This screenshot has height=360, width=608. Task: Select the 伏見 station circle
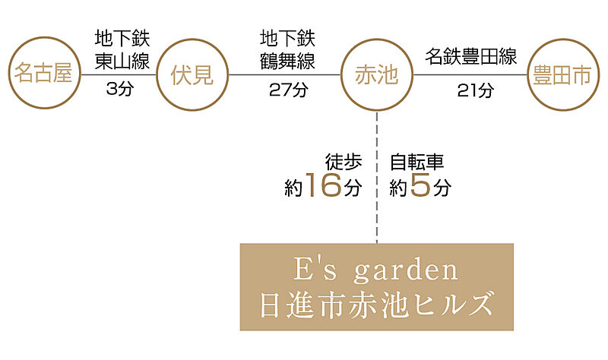192,39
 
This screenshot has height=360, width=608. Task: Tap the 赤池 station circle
377,39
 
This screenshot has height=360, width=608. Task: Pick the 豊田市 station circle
563,39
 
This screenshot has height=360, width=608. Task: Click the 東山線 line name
122,61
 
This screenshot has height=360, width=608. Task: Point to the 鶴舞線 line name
287,61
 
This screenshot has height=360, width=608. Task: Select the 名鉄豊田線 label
471,56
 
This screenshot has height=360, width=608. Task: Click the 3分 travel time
120,89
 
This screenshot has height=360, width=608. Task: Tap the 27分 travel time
289,90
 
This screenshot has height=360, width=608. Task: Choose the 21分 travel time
476,90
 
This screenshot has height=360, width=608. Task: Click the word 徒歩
344,162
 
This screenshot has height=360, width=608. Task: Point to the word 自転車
416,162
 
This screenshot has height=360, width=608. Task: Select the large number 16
324,185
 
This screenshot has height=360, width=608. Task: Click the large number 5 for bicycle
420,185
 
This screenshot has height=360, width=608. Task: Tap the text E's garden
375,270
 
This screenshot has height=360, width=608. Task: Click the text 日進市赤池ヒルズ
376,305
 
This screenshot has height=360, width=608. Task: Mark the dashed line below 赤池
377,178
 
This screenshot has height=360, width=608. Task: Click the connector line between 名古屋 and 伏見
119,74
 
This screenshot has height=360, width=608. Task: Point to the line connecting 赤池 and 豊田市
470,74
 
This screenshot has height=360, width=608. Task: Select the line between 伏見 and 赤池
284,74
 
